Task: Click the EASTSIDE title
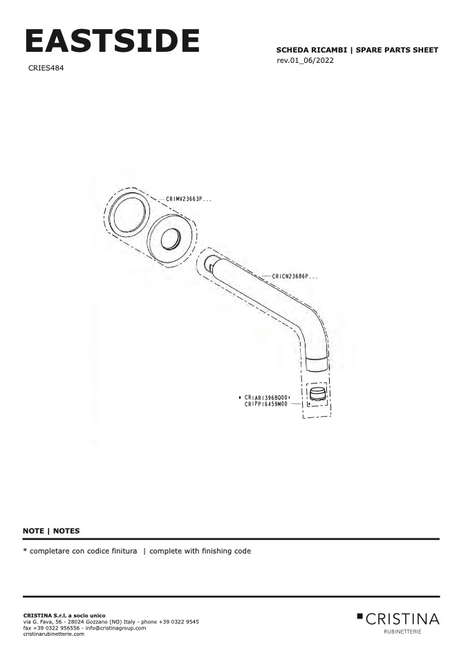pyautogui.click(x=112, y=41)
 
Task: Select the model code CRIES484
pyautogui.click(x=46, y=68)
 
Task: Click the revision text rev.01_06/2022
pyautogui.click(x=305, y=60)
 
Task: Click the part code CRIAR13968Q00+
pyautogui.click(x=268, y=398)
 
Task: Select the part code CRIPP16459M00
pyautogui.click(x=265, y=404)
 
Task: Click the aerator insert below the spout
pyautogui.click(x=317, y=394)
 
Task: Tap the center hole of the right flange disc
pyautogui.click(x=171, y=239)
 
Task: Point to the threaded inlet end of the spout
pyautogui.click(x=210, y=264)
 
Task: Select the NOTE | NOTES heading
pyautogui.click(x=51, y=531)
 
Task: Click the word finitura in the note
pyautogui.click(x=122, y=551)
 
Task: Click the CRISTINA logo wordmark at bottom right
pyautogui.click(x=402, y=619)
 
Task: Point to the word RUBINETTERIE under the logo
pyautogui.click(x=402, y=632)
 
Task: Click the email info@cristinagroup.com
pyautogui.click(x=115, y=628)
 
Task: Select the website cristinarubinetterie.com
pyautogui.click(x=54, y=634)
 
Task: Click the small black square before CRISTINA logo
pyautogui.click(x=360, y=616)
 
